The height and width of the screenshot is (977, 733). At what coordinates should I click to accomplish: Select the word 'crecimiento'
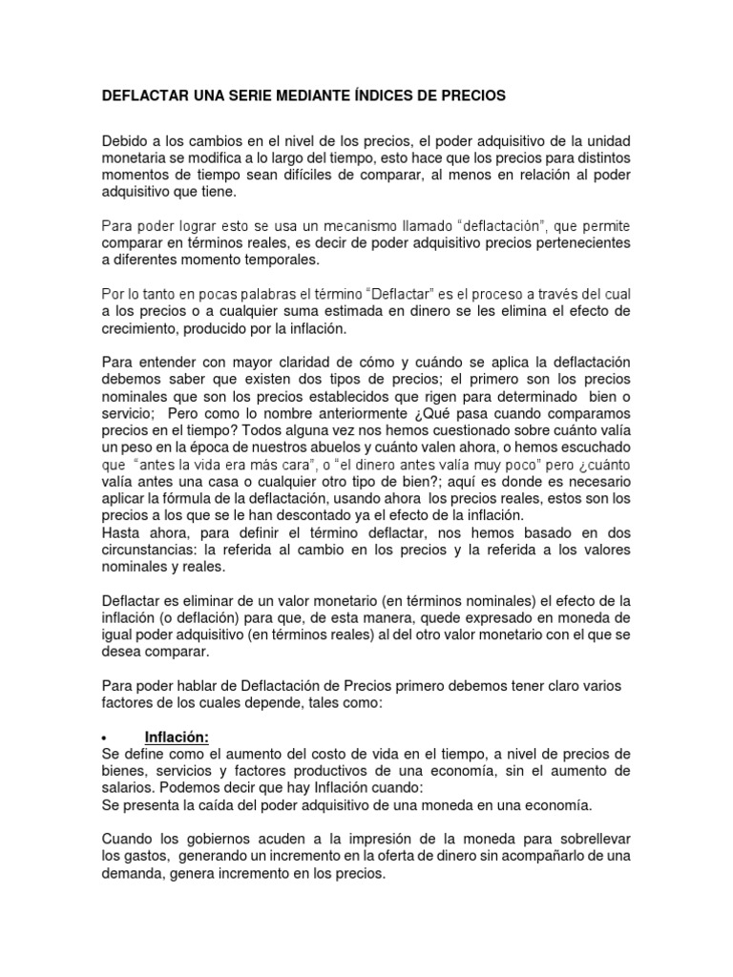pos(139,329)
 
